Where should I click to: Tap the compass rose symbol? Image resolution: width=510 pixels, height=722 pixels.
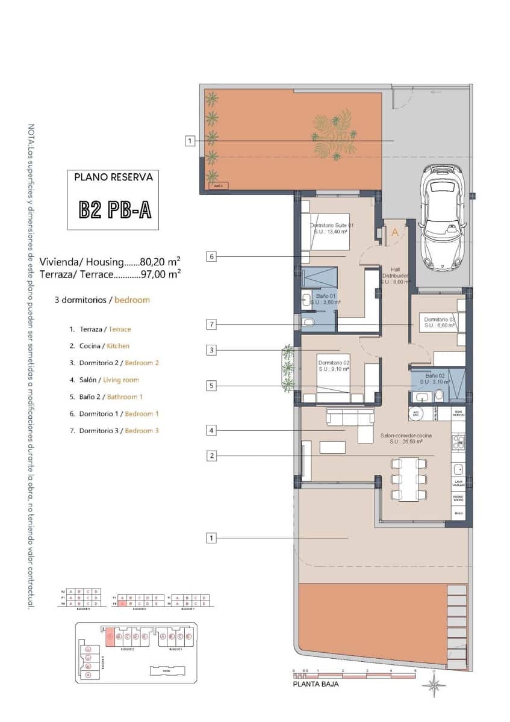(434, 685)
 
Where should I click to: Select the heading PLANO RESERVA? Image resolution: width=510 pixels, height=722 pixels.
(113, 177)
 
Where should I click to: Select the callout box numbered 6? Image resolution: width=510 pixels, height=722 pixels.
(211, 256)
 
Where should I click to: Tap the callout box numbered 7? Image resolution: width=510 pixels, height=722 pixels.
(211, 324)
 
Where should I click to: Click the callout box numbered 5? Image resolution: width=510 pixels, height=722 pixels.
(211, 386)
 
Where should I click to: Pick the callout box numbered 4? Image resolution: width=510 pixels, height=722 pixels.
(211, 430)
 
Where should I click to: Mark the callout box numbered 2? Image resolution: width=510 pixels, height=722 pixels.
(211, 455)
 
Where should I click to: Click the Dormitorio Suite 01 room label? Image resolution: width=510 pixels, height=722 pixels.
(332, 228)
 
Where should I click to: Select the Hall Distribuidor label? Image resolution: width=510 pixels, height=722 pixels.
(396, 276)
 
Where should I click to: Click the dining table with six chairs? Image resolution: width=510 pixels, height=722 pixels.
(409, 479)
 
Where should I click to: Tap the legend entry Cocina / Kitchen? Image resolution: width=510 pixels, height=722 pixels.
(104, 346)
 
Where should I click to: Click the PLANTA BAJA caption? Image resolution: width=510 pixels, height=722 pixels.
(316, 684)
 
